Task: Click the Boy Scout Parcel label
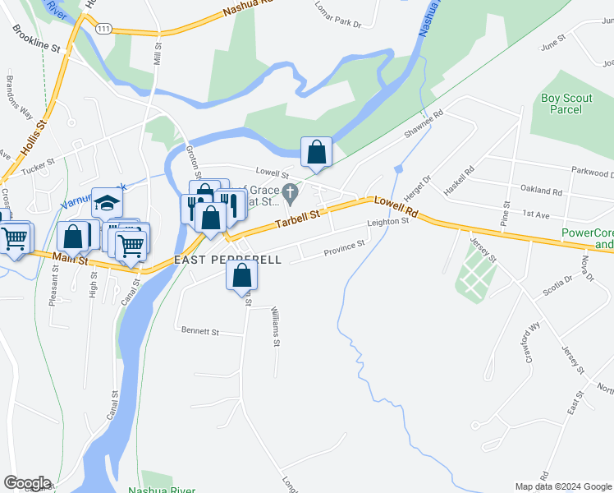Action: point(566,104)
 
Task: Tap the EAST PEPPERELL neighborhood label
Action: point(228,260)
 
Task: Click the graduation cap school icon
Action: point(108,201)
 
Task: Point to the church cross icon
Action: point(289,194)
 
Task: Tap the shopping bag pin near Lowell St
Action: point(316,152)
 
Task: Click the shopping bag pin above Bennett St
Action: point(242,276)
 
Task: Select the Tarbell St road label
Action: point(296,219)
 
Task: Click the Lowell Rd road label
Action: point(396,206)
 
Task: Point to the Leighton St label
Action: point(388,222)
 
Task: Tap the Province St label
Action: point(344,246)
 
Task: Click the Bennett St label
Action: point(200,332)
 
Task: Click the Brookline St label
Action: point(37,39)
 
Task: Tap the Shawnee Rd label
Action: point(423,124)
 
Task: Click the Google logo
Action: point(27,483)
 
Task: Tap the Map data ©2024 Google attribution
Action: point(562,486)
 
